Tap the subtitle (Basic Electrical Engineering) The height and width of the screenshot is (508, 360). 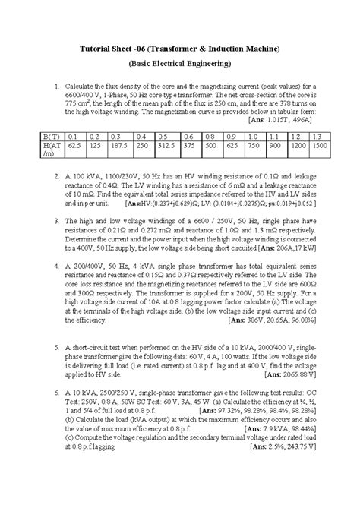pos(180,66)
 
